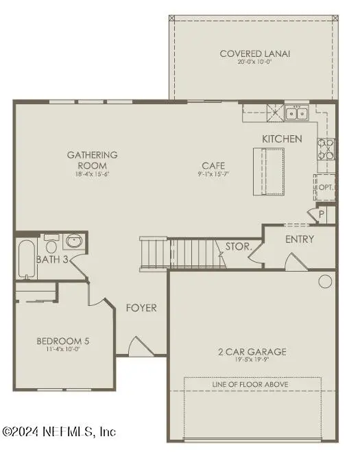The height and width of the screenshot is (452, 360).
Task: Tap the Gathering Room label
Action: (92, 155)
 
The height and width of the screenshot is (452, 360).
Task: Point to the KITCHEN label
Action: (282, 139)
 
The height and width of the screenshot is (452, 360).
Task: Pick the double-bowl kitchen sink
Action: (297, 112)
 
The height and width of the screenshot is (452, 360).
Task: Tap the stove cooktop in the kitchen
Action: (325, 149)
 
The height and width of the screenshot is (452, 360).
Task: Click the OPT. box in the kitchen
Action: (325, 187)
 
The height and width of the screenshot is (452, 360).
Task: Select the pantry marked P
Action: (321, 214)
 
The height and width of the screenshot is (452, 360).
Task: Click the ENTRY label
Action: (300, 239)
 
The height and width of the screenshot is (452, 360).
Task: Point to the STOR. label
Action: (238, 246)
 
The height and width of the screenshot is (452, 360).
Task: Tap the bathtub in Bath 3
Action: (27, 259)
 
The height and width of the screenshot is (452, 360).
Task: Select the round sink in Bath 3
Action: (73, 242)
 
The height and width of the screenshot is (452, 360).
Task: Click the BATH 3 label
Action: (52, 260)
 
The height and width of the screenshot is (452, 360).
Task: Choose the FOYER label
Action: (141, 308)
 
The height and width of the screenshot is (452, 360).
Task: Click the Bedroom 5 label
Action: (63, 341)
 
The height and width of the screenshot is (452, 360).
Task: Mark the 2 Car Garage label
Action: (252, 353)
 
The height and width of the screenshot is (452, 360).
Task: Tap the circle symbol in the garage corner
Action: (324, 281)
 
